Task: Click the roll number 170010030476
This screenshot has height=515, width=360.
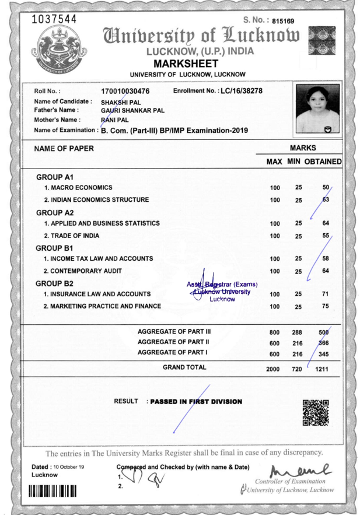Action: point(125,92)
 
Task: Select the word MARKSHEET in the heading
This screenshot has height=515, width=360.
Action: point(186,63)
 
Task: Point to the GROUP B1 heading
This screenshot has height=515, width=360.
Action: point(55,247)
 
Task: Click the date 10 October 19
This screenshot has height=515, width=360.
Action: point(68,467)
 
